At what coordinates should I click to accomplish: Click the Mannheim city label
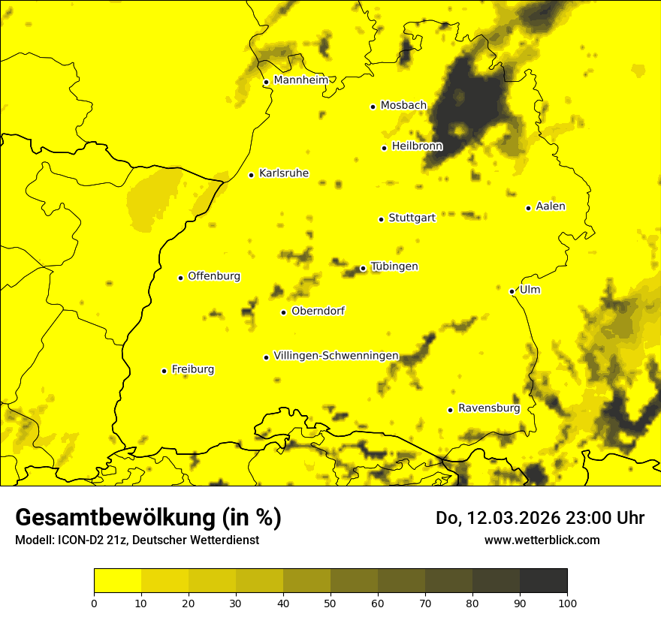[301, 80]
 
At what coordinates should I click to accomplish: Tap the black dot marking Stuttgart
[381, 219]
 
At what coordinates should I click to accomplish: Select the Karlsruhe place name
[283, 173]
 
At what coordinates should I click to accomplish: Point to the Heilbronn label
[417, 146]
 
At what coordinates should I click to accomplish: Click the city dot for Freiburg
[164, 371]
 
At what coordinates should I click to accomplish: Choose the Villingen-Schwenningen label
[336, 356]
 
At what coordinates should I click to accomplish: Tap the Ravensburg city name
[488, 408]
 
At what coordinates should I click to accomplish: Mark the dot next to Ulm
[512, 291]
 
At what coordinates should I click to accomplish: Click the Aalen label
[550, 206]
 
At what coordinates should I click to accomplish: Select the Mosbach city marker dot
[373, 107]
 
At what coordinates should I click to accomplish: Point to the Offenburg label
[214, 276]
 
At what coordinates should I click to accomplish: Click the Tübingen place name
[394, 266]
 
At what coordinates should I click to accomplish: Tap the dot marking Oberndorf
[283, 312]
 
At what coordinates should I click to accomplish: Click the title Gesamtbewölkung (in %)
[148, 518]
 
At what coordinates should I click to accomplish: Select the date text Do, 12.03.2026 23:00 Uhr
[539, 518]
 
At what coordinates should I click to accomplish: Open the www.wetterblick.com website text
[542, 540]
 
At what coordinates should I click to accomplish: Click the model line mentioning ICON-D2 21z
[137, 540]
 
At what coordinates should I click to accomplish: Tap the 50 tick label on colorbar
[330, 603]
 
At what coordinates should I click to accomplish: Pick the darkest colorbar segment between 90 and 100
[543, 580]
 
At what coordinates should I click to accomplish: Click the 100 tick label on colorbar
[567, 603]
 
